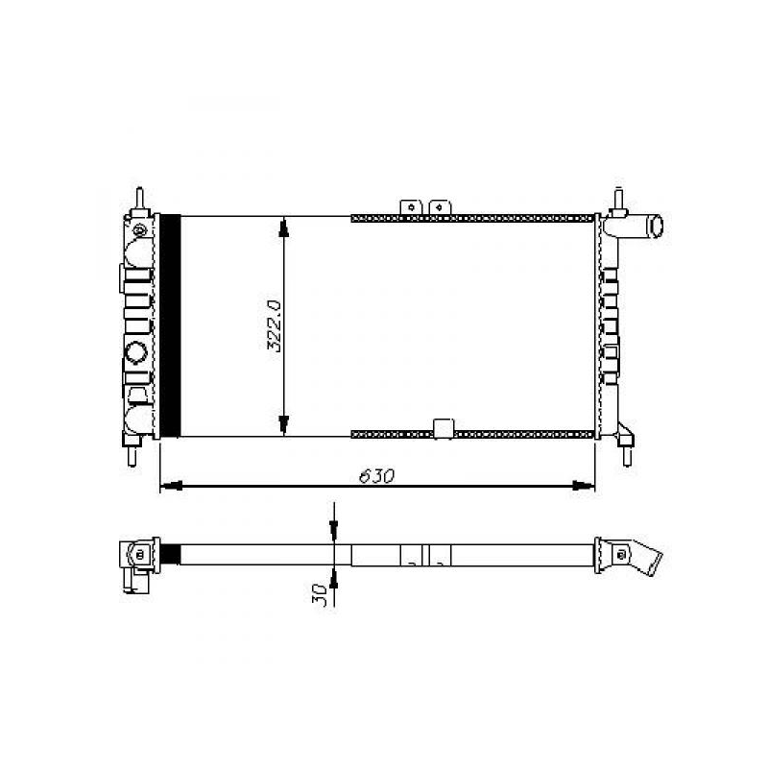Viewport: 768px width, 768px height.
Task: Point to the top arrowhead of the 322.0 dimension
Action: [x=284, y=226]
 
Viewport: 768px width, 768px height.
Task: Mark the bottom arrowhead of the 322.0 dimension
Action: [x=284, y=425]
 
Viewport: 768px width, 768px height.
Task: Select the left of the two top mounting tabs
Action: [x=411, y=206]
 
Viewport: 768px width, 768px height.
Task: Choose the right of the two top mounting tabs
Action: [x=440, y=206]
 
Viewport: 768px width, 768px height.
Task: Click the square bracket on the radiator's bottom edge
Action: [x=444, y=429]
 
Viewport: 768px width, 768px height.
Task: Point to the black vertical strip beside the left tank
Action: [x=169, y=325]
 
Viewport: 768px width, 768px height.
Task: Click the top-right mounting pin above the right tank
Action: [x=617, y=198]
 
